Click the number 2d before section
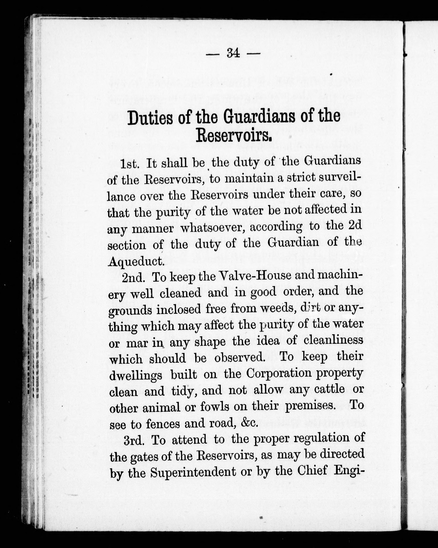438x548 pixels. tap(355, 226)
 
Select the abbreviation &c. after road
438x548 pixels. tap(249, 423)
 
